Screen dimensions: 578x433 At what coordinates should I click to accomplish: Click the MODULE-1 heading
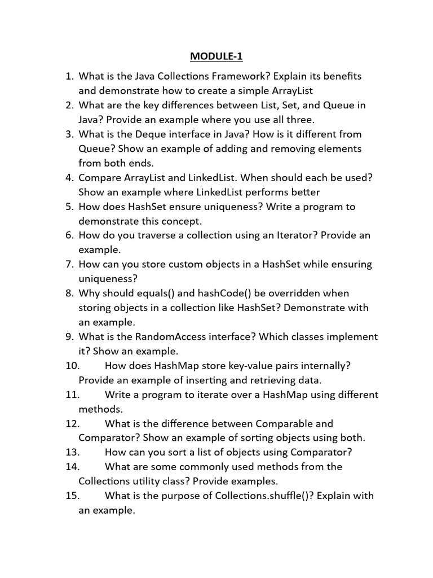pyautogui.click(x=216, y=56)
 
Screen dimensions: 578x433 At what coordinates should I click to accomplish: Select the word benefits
pyautogui.click(x=343, y=76)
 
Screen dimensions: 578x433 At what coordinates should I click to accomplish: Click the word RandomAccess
pyautogui.click(x=180, y=336)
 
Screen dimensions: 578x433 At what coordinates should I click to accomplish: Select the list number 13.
pyautogui.click(x=72, y=452)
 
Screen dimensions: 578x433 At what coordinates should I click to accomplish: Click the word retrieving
pyautogui.click(x=268, y=380)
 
